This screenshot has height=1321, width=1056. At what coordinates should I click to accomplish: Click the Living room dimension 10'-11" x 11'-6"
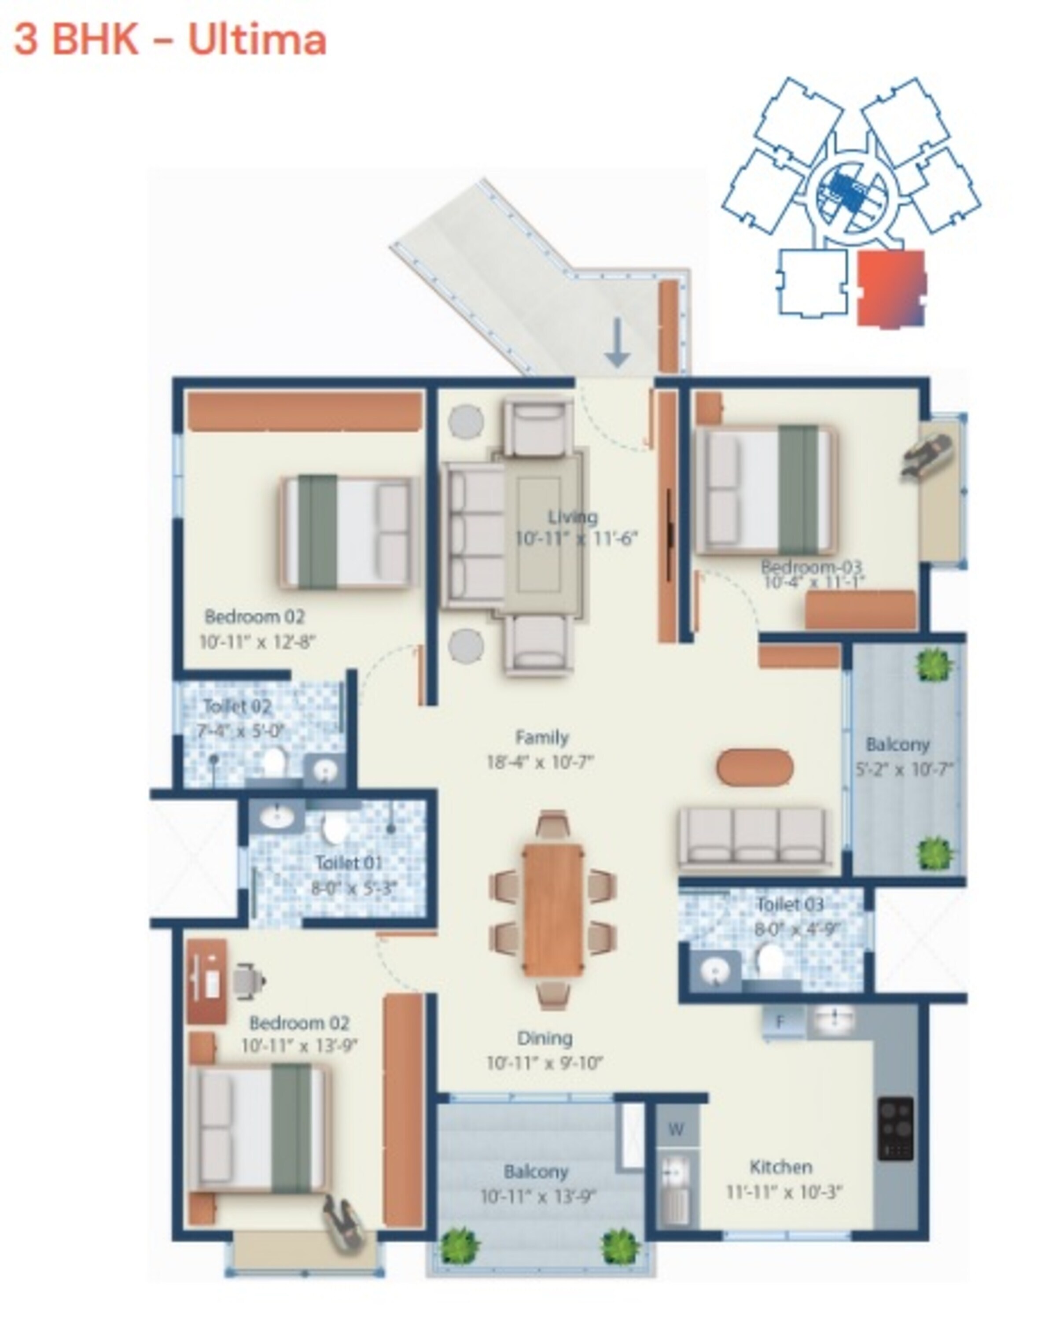point(576,539)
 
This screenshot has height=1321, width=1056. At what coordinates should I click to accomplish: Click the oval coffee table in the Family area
point(754,767)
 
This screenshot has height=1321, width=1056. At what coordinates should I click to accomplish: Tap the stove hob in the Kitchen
point(895,1129)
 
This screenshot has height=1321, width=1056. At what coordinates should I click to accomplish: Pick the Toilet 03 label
point(790,904)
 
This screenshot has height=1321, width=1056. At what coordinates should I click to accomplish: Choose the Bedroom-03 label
point(811,566)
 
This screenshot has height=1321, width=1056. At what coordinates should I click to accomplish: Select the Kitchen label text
point(781,1166)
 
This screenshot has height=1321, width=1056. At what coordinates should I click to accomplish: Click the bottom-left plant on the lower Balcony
point(460,1246)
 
